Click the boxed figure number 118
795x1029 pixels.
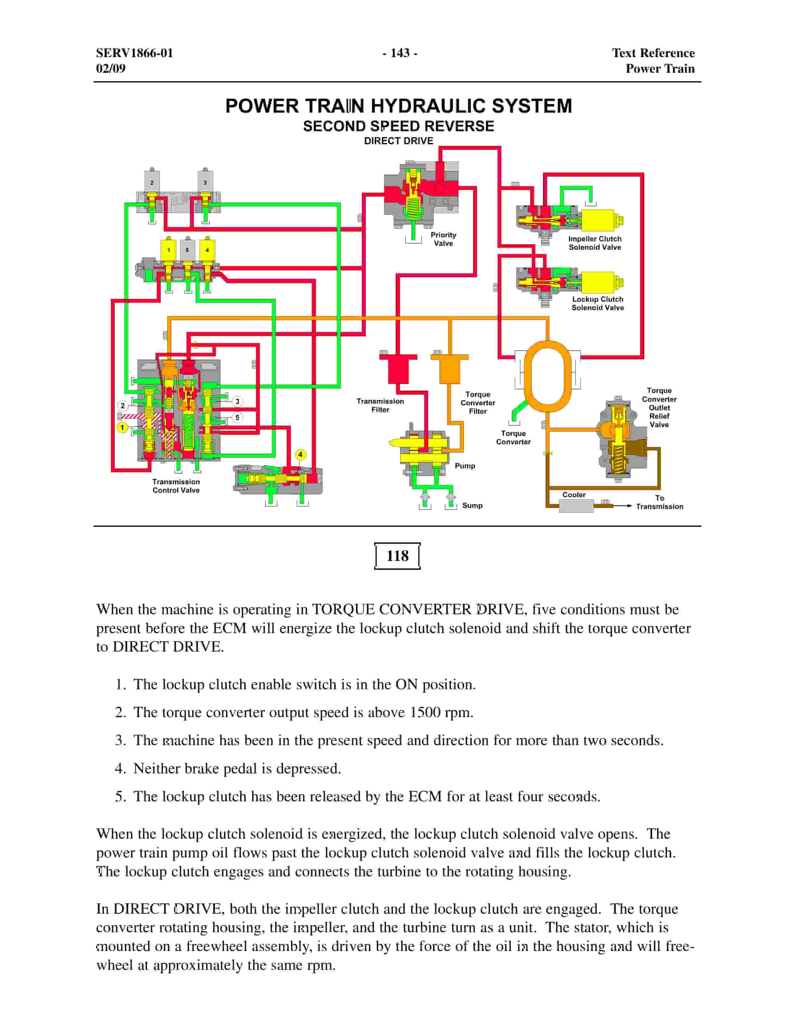point(397,556)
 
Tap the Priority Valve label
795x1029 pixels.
point(443,239)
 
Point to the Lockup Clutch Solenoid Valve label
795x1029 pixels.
point(597,303)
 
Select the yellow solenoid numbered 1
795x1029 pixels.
point(168,250)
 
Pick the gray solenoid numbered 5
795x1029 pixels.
point(187,250)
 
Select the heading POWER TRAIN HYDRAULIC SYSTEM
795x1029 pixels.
point(398,106)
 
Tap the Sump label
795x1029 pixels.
point(472,505)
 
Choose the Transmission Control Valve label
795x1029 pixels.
point(176,486)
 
